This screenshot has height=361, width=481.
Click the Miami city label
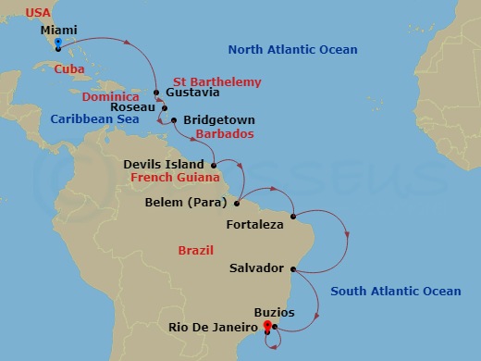pos(57,29)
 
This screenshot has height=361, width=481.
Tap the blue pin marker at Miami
pos(57,44)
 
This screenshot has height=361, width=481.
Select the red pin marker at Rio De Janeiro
pos(266,326)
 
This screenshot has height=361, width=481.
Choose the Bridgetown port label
pos(219,120)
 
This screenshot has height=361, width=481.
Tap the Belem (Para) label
pos(189,202)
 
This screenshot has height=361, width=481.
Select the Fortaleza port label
pos(254,224)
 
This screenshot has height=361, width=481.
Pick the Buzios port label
pos(274,313)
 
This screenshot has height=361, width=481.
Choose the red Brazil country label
pos(195,250)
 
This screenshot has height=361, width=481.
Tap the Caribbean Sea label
pos(94,118)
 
